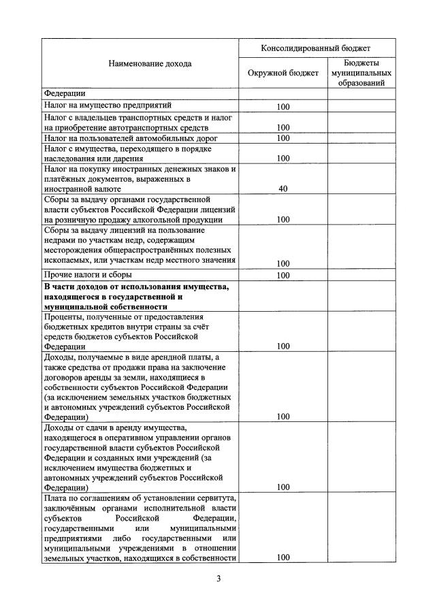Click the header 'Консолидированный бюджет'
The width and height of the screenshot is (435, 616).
[x=317, y=49]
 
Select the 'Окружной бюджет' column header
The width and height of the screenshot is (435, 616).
[x=283, y=74]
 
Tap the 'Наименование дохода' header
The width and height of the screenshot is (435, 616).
[x=140, y=64]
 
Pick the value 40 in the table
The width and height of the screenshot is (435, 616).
[x=283, y=189]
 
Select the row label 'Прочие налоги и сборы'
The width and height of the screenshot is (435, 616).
[x=88, y=275]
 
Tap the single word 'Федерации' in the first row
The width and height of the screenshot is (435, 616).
[x=64, y=94]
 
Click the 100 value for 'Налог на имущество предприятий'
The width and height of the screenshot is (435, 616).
[x=283, y=107]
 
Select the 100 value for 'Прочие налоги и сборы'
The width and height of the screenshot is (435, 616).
[x=283, y=276]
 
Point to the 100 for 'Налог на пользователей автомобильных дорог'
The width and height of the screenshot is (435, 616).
[x=283, y=139]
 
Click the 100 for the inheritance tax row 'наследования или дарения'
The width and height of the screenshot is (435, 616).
[x=283, y=159]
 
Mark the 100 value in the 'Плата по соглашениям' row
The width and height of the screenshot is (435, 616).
[x=283, y=557]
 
